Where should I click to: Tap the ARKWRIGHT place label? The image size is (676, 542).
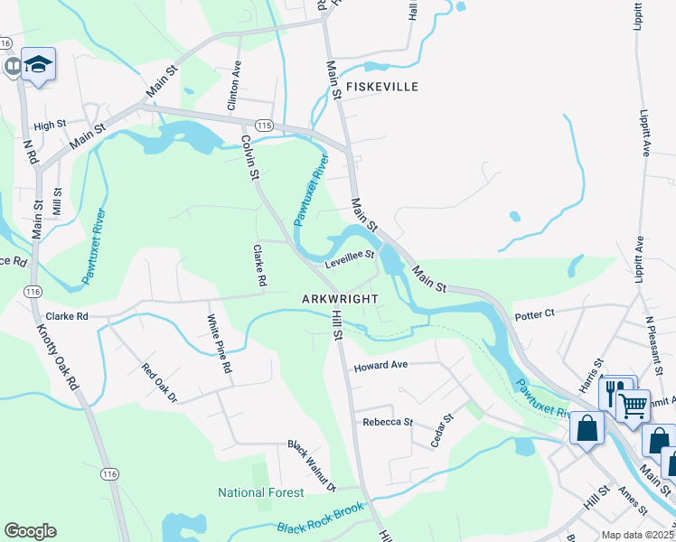tap(339, 297)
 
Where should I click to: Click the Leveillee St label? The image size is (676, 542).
tap(350, 258)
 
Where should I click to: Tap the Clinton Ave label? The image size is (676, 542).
tap(234, 86)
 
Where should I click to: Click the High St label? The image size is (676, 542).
tap(51, 125)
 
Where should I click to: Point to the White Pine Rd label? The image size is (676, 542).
tap(220, 344)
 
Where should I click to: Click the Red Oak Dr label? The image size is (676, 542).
tap(159, 383)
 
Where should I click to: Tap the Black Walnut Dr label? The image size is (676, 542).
tap(312, 466)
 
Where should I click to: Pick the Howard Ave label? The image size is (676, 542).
tap(381, 366)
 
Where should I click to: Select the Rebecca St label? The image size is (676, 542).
tap(388, 422)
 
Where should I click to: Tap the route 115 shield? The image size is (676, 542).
tap(263, 125)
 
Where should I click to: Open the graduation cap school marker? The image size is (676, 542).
tap(39, 64)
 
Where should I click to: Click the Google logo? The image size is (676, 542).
tap(30, 531)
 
